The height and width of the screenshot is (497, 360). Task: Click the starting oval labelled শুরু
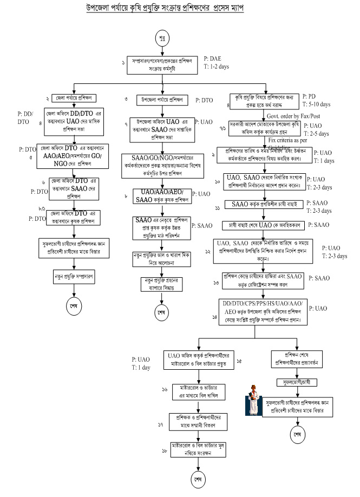point(162,40)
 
